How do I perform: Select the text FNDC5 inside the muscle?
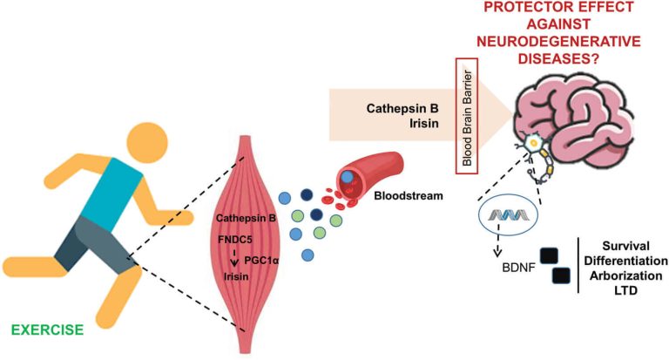click(235, 236)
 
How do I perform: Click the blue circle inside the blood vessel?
click(348, 178)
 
